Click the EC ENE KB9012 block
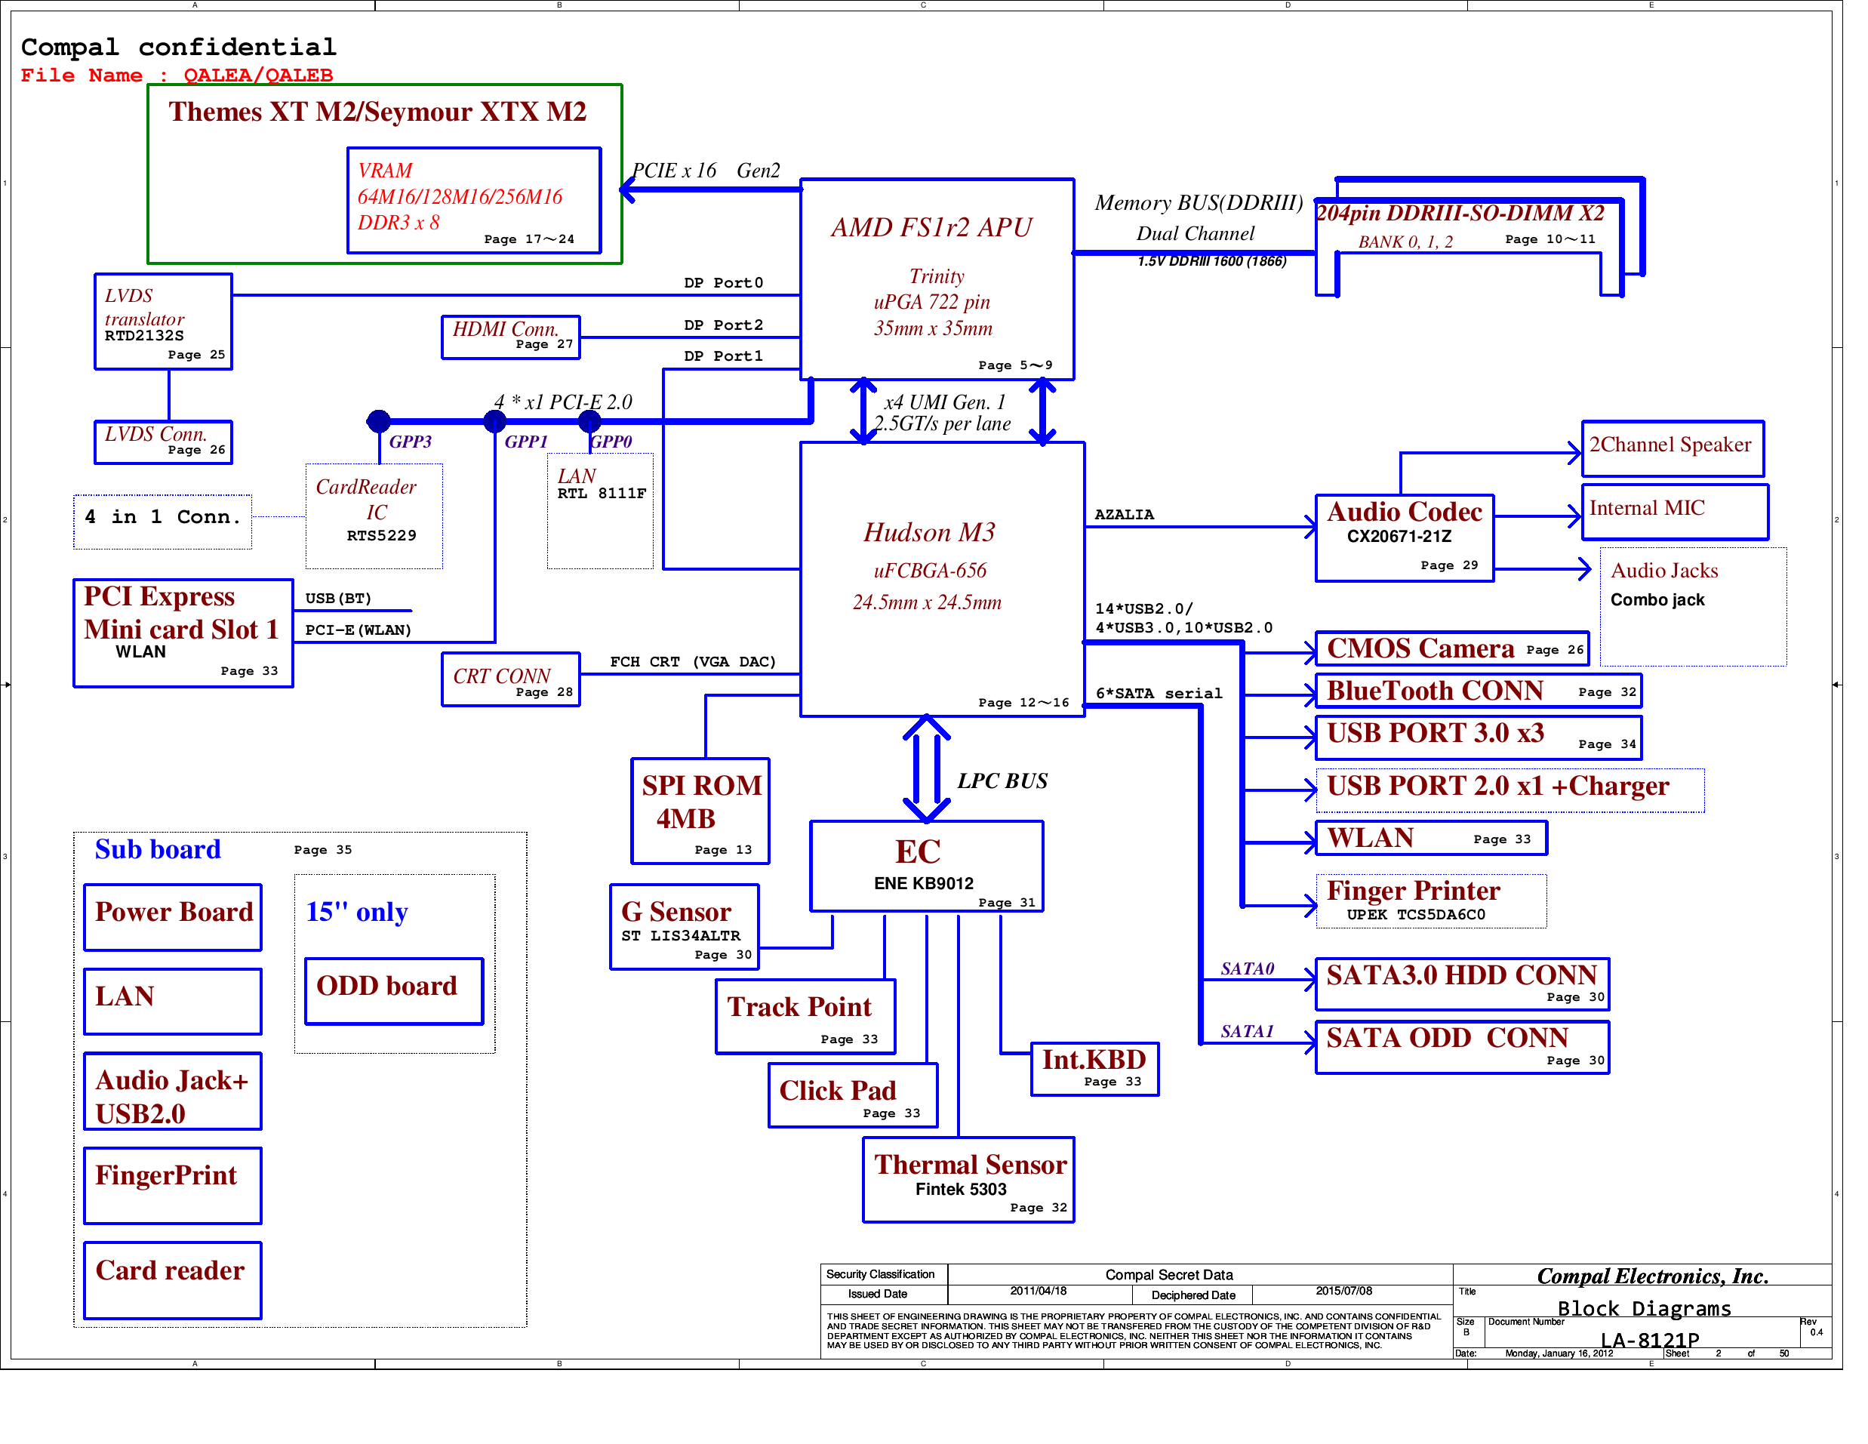coord(926,866)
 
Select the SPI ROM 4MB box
coord(700,811)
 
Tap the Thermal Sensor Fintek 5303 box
coord(968,1180)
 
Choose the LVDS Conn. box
coord(162,442)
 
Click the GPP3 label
coord(410,442)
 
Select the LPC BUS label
coord(1002,781)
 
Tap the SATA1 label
coord(1246,1031)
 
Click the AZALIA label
coord(1124,514)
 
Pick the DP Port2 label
coord(723,325)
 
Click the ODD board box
coord(393,990)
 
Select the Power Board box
coord(173,917)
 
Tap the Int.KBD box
coord(1094,1068)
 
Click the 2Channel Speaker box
coord(1672,448)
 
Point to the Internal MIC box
coord(1674,512)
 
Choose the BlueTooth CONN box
coord(1477,691)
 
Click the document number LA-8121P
coord(1649,1340)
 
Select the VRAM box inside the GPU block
coord(474,200)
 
